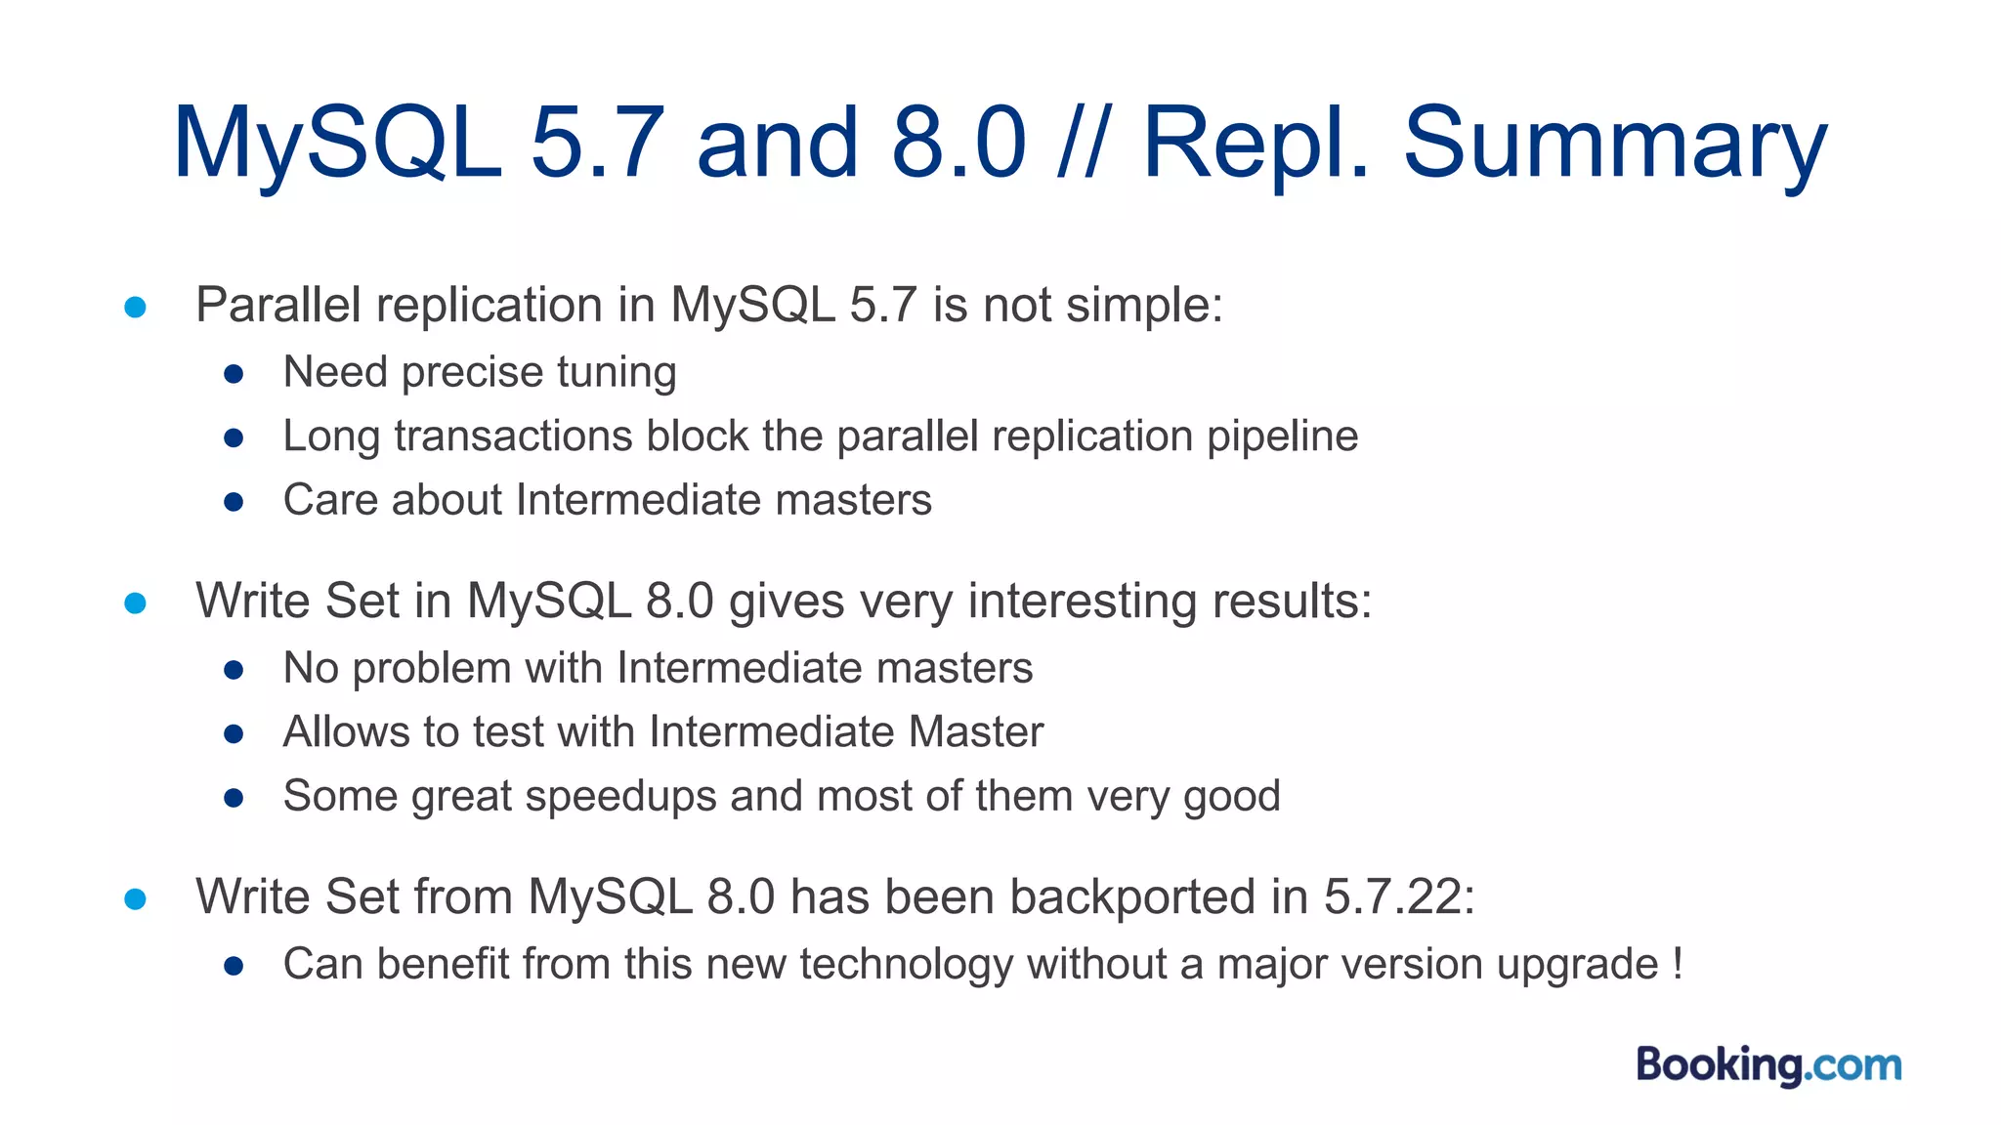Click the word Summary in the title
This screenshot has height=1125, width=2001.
[1614, 144]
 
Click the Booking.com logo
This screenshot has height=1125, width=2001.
[1768, 1064]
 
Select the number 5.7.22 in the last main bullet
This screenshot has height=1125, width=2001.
[1398, 896]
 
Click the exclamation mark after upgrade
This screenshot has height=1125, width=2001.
[1678, 964]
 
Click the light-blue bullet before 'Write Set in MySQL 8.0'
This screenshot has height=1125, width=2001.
[136, 604]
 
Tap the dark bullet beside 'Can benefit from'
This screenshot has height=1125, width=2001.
[234, 966]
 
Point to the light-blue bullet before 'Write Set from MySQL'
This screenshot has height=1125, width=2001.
[136, 898]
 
